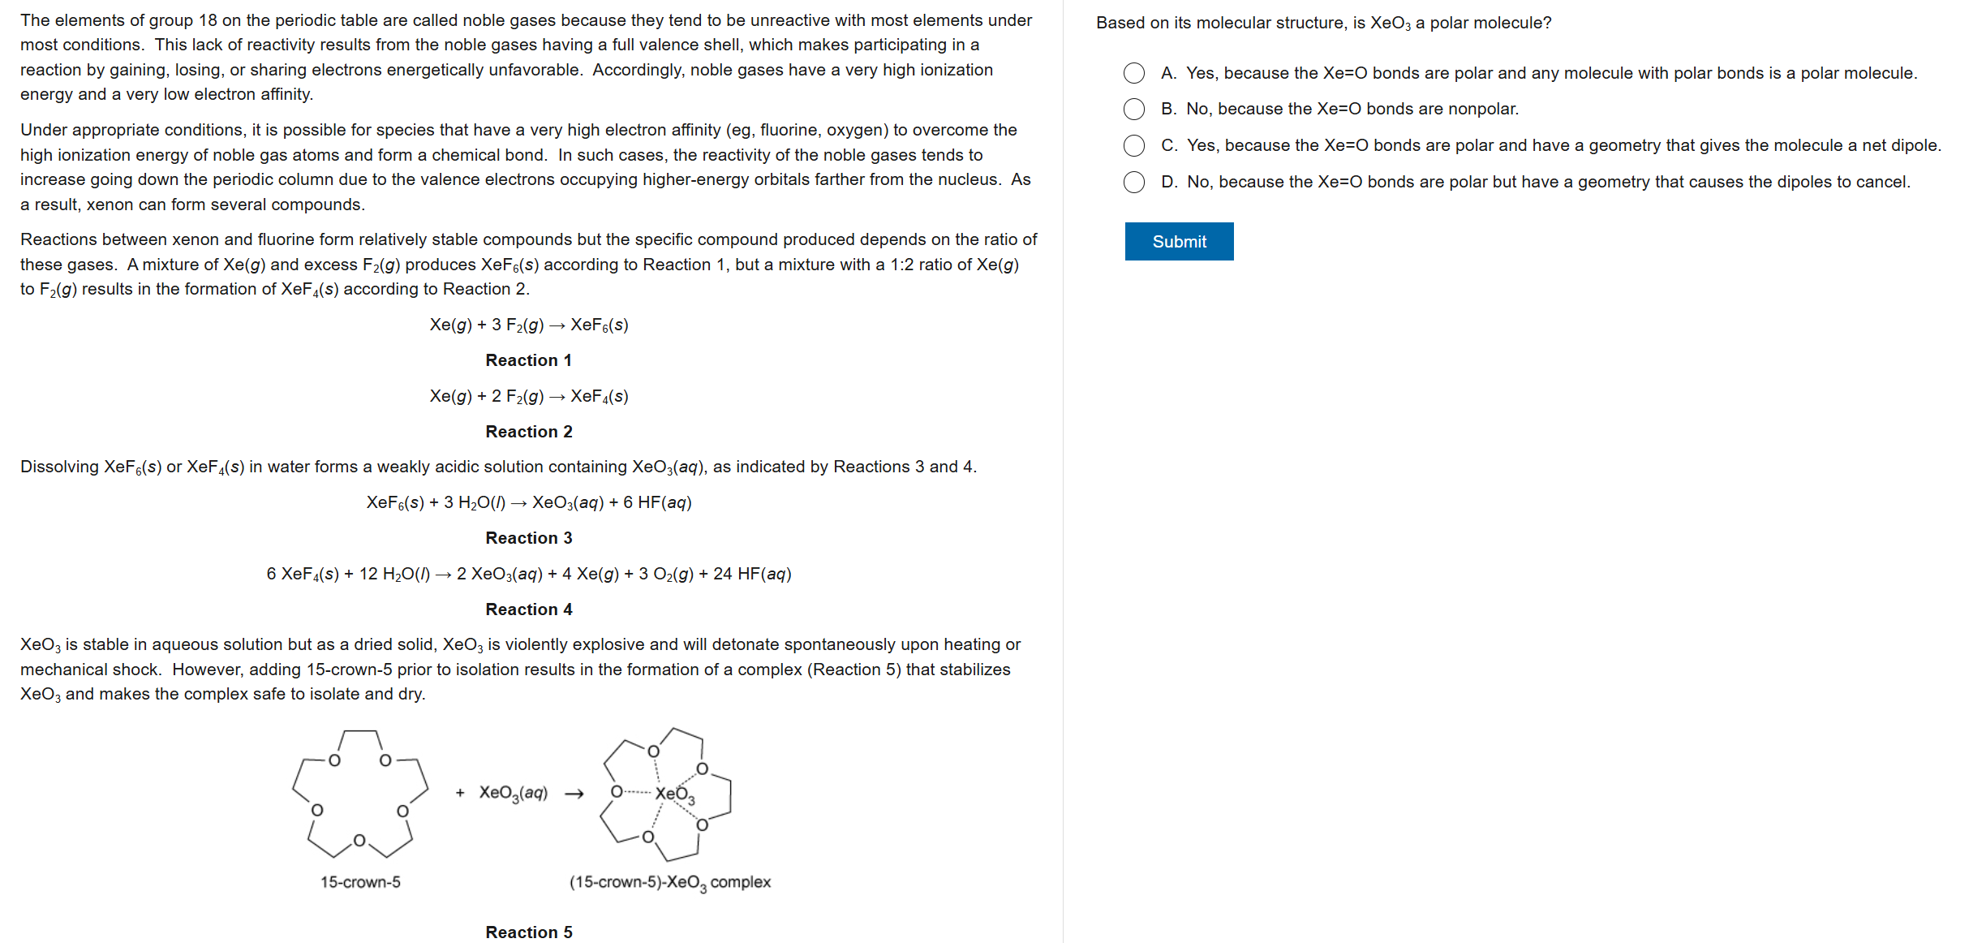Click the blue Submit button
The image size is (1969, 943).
click(1178, 242)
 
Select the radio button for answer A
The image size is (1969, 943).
click(1133, 73)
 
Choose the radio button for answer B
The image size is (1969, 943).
click(1133, 109)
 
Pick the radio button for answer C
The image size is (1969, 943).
click(1133, 145)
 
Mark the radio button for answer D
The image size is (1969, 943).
click(1133, 182)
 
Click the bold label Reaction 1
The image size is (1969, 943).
click(528, 360)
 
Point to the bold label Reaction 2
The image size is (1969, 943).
click(528, 432)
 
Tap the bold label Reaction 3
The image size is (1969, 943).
click(528, 538)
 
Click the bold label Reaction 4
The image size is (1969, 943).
click(528, 609)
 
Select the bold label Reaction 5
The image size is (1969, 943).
click(528, 932)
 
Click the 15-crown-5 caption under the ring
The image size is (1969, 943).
click(360, 882)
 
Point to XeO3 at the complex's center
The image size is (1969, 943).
click(674, 794)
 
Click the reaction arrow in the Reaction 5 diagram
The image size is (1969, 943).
click(574, 794)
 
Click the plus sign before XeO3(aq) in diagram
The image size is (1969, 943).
click(460, 793)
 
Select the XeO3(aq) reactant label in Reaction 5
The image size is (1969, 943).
click(513, 793)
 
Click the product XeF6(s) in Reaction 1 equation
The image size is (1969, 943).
click(599, 325)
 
